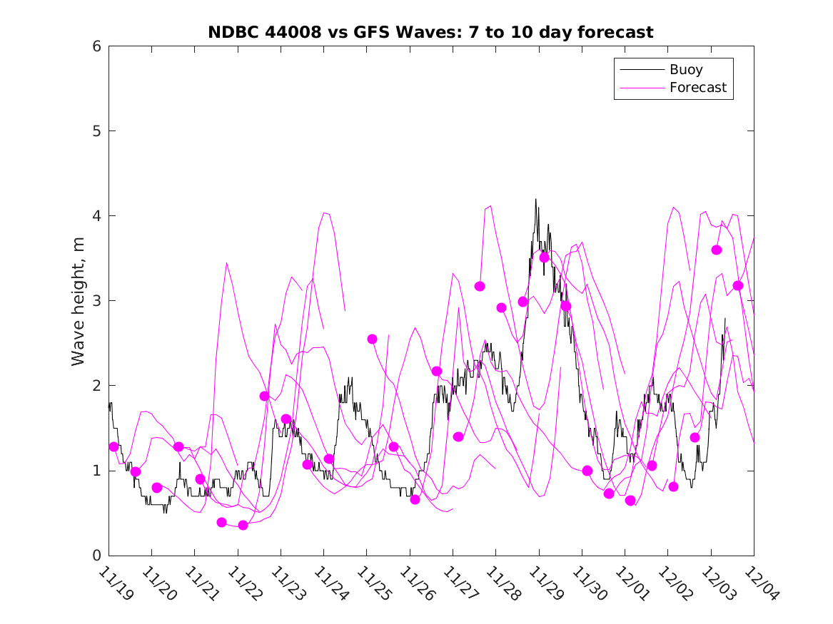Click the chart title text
[x=430, y=32]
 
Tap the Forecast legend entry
[x=697, y=88]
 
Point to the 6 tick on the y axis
[x=95, y=46]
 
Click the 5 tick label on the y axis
[x=95, y=131]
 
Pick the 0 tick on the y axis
[x=95, y=556]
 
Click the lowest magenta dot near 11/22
[x=243, y=525]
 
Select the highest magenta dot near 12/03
[x=717, y=250]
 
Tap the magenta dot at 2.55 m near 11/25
[x=372, y=339]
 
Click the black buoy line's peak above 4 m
[x=535, y=200]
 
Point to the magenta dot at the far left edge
[x=113, y=446]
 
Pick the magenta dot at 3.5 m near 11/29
[x=544, y=257]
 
